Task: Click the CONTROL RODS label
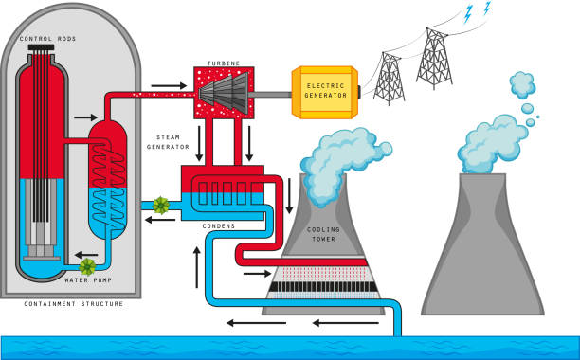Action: click(x=48, y=39)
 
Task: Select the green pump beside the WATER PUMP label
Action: click(x=88, y=266)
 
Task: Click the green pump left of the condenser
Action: click(x=160, y=205)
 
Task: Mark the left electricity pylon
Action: click(x=388, y=78)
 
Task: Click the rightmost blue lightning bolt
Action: click(x=488, y=9)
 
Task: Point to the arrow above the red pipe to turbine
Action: click(x=169, y=85)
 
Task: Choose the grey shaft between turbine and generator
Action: click(x=276, y=93)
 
